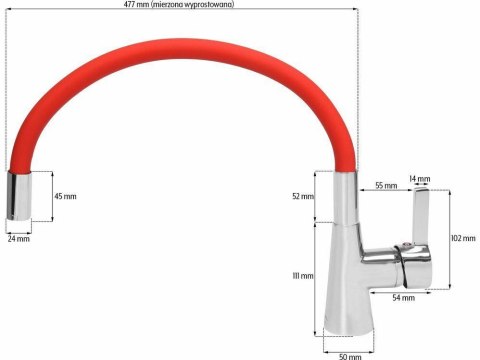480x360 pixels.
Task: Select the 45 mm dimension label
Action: (x=64, y=196)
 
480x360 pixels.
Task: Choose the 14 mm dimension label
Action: (x=420, y=180)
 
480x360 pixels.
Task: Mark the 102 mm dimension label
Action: (x=463, y=238)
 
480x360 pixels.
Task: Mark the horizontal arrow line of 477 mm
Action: (x=250, y=13)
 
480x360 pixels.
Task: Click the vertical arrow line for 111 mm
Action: (x=318, y=280)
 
